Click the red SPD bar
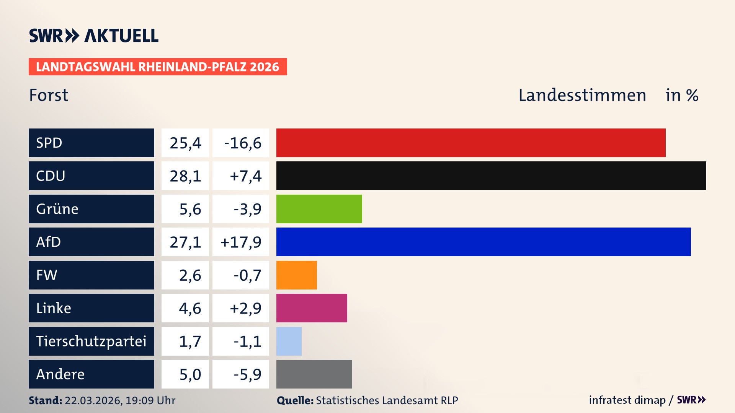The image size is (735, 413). [x=471, y=143]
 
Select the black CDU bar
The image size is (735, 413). [x=491, y=176]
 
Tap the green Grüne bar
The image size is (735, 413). [x=319, y=209]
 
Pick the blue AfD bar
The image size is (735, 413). [x=483, y=242]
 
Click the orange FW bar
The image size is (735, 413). [x=296, y=275]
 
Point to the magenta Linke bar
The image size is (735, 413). [x=312, y=308]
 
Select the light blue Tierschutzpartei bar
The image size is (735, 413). [x=289, y=341]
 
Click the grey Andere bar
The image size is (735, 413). [x=314, y=374]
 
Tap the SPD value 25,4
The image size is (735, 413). [x=185, y=143]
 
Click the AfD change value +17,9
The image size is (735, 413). [x=241, y=242]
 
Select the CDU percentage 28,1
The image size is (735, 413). [x=185, y=176]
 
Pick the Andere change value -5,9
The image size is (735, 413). [x=247, y=374]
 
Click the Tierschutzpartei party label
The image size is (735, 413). [x=91, y=341]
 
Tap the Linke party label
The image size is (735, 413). [x=54, y=308]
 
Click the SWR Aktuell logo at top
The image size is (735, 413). [x=94, y=36]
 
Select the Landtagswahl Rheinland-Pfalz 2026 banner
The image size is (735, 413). [x=157, y=67]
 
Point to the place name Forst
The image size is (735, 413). [x=49, y=95]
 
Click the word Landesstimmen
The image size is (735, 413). [x=582, y=95]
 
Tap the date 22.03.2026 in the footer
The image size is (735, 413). [x=93, y=400]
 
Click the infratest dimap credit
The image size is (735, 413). [x=627, y=400]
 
